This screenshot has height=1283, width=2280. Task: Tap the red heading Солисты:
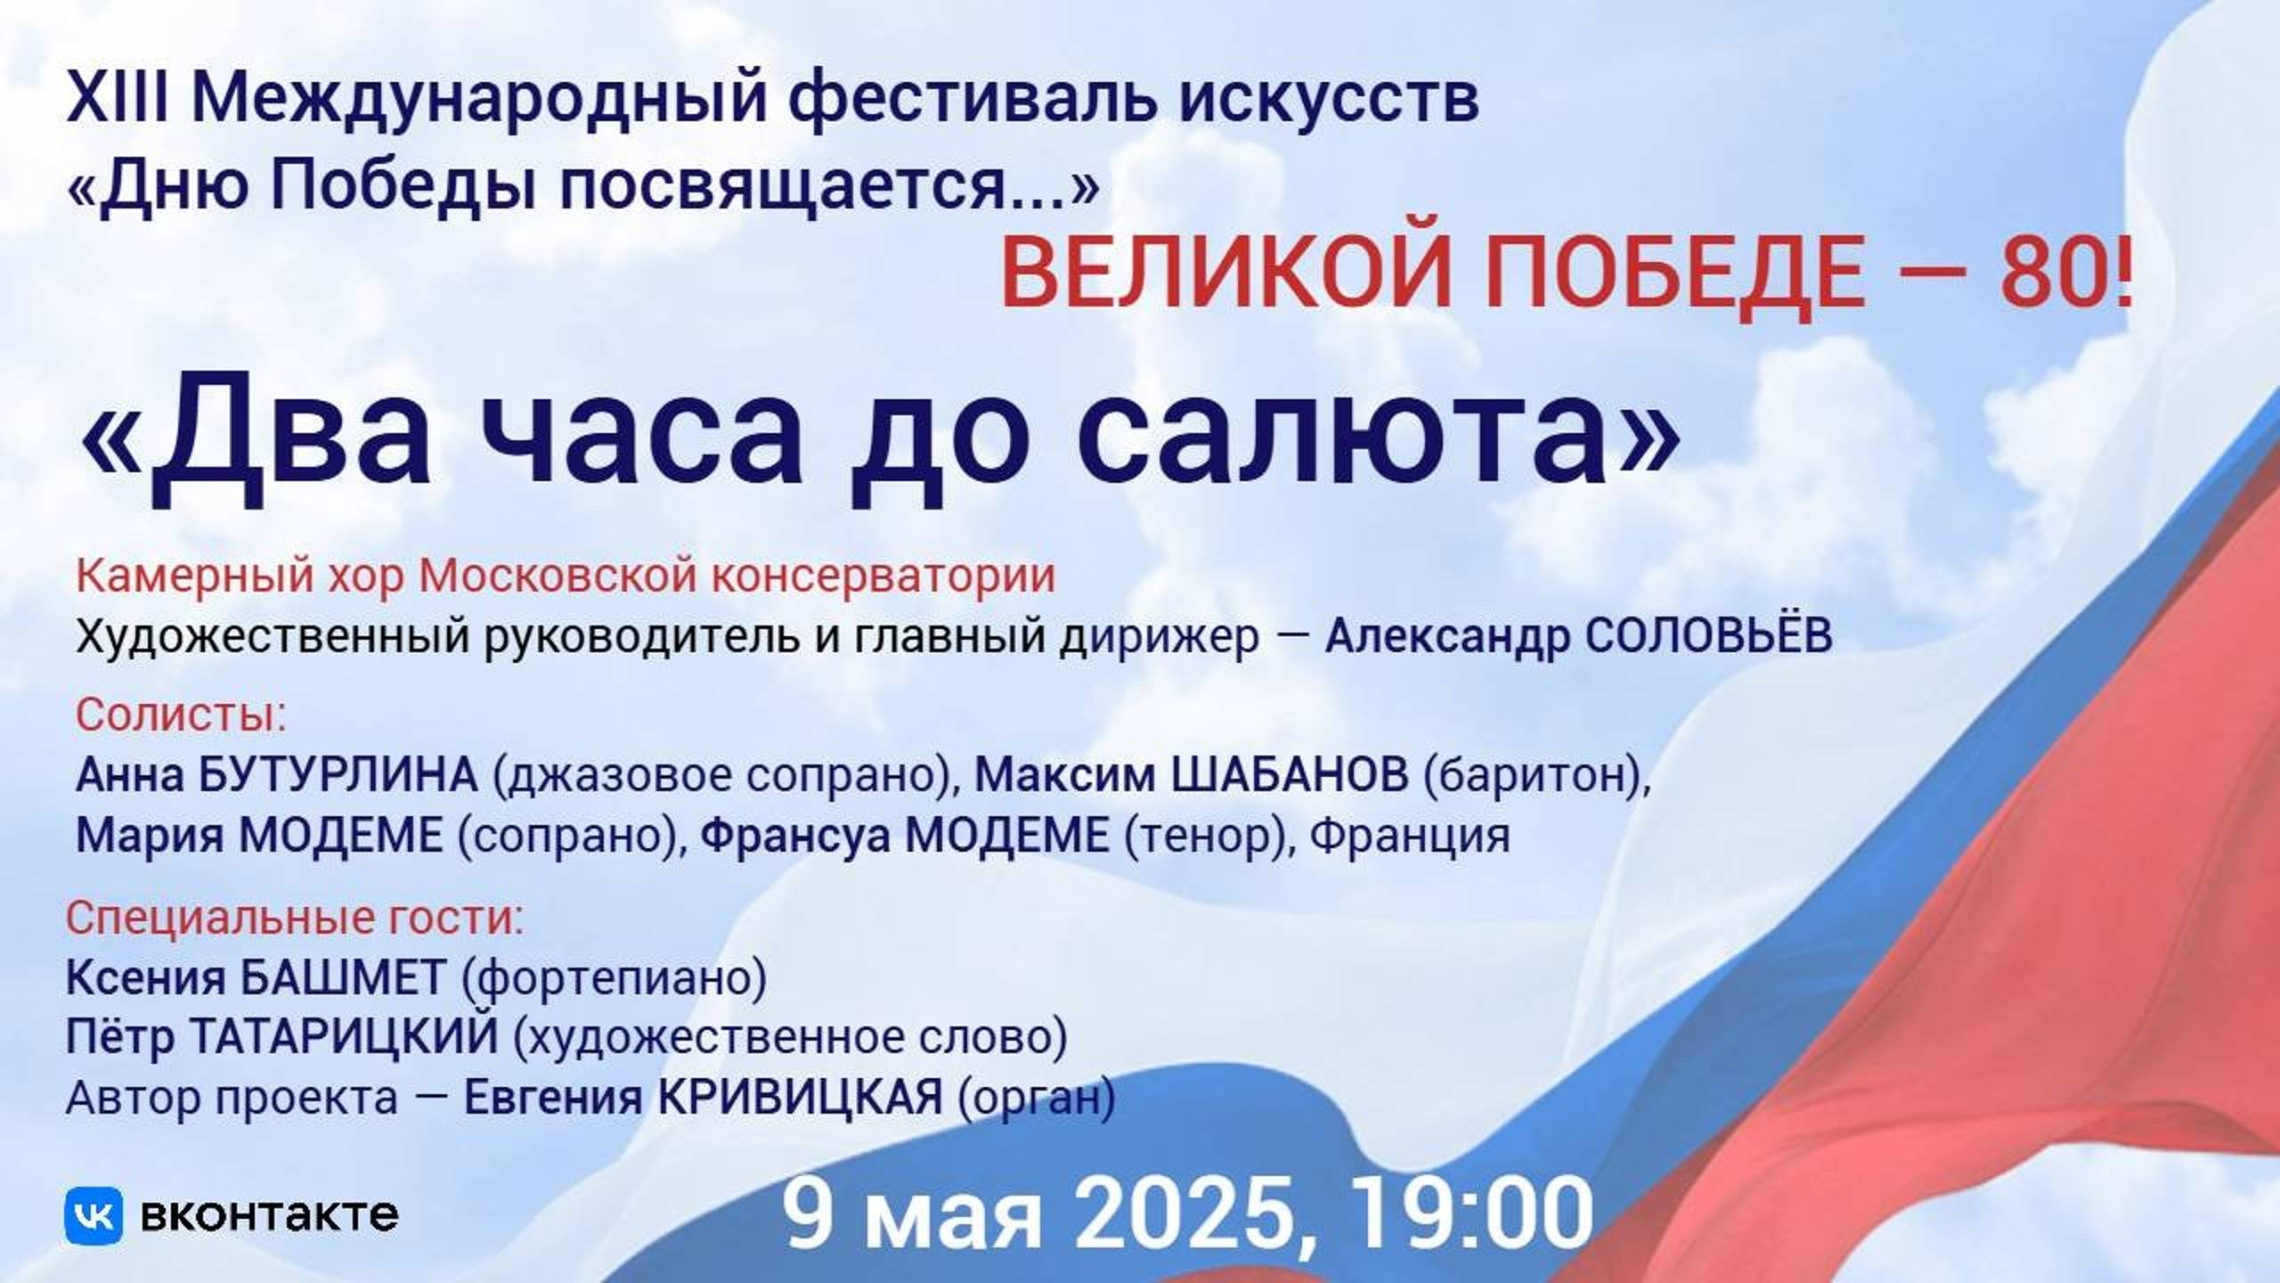tap(182, 715)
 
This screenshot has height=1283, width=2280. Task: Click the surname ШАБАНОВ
tap(1289, 775)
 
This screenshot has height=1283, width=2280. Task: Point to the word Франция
tap(1411, 836)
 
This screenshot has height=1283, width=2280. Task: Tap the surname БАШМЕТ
tap(344, 978)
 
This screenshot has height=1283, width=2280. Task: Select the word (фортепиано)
tap(614, 978)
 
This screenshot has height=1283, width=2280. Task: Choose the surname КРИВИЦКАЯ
tap(800, 1097)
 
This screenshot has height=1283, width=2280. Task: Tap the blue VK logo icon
tap(94, 1215)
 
